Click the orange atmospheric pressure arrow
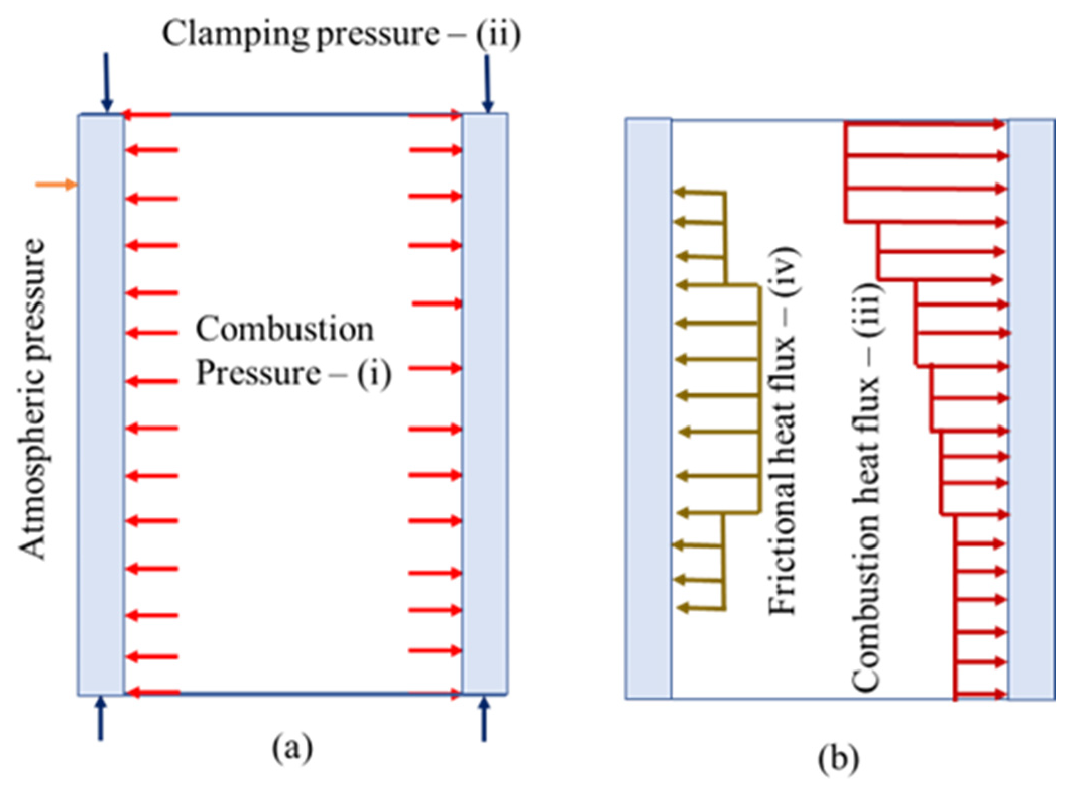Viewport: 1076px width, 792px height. pos(55,185)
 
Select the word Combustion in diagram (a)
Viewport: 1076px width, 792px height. pos(284,330)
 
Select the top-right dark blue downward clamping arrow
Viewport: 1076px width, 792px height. pos(487,83)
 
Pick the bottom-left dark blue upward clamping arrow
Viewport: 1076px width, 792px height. pos(101,719)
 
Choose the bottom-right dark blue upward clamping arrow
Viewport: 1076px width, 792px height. pos(484,719)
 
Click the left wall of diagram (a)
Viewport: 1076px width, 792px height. pos(101,403)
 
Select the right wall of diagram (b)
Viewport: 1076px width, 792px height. pos(1032,408)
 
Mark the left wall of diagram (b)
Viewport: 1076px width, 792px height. pos(648,408)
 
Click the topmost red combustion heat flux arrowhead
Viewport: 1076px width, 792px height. pos(1000,125)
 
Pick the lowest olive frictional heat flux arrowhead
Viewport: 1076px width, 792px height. pos(683,608)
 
